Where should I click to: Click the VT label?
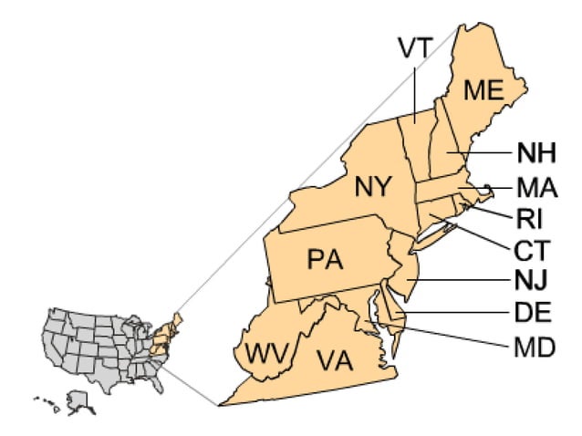pyautogui.click(x=415, y=47)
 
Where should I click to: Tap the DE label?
pyautogui.click(x=530, y=313)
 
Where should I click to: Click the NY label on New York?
pyautogui.click(x=373, y=189)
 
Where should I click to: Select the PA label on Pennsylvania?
pyautogui.click(x=324, y=260)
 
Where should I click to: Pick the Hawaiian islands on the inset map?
pyautogui.click(x=47, y=401)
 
